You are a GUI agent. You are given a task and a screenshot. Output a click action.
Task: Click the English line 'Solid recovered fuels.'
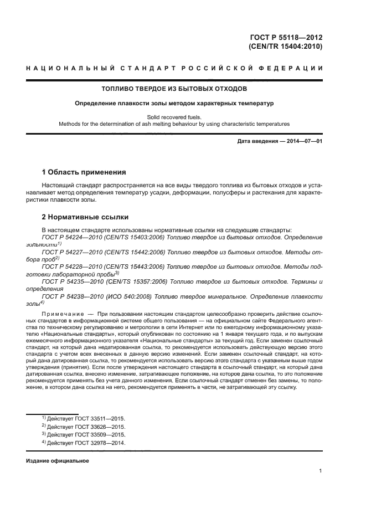click(174, 117)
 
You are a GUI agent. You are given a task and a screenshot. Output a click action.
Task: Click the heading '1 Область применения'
click(84, 172)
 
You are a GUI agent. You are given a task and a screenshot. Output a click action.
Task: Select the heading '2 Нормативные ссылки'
click(85, 218)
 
